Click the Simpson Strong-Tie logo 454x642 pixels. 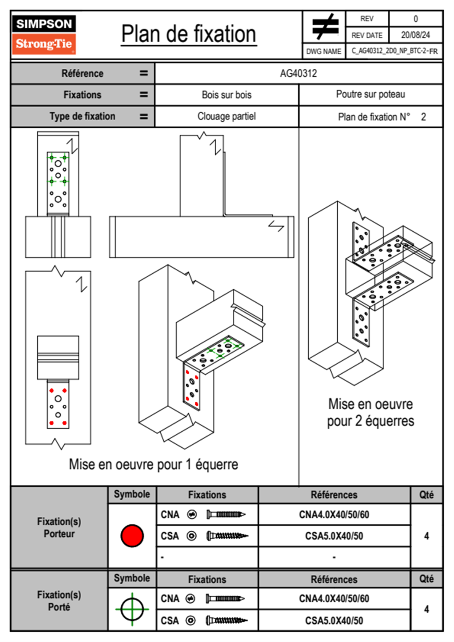pyautogui.click(x=44, y=35)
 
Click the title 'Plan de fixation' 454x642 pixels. pyautogui.click(x=188, y=34)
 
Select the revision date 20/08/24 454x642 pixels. pyautogui.click(x=415, y=35)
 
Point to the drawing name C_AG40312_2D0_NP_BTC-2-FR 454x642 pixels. pyautogui.click(x=394, y=51)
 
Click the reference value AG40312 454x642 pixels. pyautogui.click(x=298, y=73)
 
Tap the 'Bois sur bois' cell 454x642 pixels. pyautogui.click(x=227, y=95)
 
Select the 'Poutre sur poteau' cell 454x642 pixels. pyautogui.click(x=370, y=94)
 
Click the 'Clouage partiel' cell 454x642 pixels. pyautogui.click(x=227, y=116)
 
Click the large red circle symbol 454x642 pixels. pyautogui.click(x=132, y=536)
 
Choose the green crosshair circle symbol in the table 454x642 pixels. pyautogui.click(x=132, y=609)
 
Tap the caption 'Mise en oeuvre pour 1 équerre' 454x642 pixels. pyautogui.click(x=153, y=465)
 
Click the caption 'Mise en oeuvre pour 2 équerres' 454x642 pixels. pyautogui.click(x=370, y=412)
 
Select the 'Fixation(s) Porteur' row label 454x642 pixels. pyautogui.click(x=59, y=527)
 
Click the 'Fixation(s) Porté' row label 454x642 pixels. pyautogui.click(x=59, y=601)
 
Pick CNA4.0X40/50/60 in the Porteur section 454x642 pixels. pyautogui.click(x=334, y=515)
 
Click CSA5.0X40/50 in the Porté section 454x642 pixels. pyautogui.click(x=334, y=621)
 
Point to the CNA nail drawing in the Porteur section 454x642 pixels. pyautogui.click(x=226, y=515)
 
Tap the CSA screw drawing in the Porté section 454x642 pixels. pyautogui.click(x=227, y=621)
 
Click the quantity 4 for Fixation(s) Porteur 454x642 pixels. pyautogui.click(x=426, y=536)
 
